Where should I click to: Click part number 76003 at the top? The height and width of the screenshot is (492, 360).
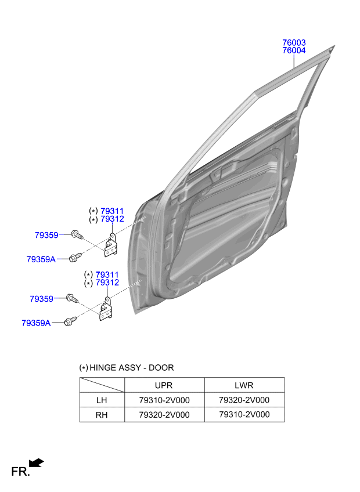[x=294, y=43]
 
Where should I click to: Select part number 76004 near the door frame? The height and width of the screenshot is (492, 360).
[x=294, y=51]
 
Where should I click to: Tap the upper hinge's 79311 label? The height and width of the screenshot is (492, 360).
[x=112, y=211]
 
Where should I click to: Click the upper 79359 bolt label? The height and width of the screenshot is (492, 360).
[x=46, y=235]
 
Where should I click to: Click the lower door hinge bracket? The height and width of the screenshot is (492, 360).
[x=106, y=310]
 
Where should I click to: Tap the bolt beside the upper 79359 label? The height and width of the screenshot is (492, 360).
[x=76, y=234]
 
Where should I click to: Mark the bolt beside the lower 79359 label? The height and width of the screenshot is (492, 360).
[x=72, y=298]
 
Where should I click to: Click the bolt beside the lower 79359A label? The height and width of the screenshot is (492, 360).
[x=70, y=320]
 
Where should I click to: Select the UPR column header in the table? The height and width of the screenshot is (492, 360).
[x=164, y=385]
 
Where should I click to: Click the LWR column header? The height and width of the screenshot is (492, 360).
[x=244, y=385]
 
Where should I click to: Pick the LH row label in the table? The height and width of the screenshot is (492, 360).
[x=102, y=400]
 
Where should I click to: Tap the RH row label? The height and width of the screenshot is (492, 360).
[x=102, y=414]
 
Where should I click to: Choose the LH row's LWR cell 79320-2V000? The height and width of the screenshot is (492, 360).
[x=244, y=400]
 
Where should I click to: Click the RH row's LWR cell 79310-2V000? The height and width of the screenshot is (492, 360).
[x=244, y=414]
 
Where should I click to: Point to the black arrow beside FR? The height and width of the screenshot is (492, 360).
[x=37, y=462]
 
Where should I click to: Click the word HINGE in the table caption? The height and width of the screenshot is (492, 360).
[x=103, y=368]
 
